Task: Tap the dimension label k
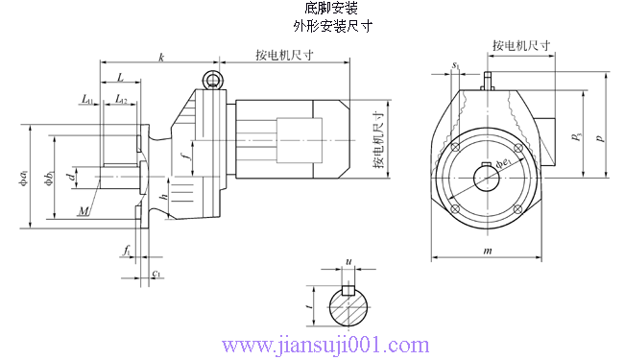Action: click(160, 58)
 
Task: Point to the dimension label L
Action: click(119, 76)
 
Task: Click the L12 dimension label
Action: click(121, 99)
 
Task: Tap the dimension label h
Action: click(164, 197)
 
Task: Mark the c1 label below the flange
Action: click(156, 274)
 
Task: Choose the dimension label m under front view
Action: click(488, 251)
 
